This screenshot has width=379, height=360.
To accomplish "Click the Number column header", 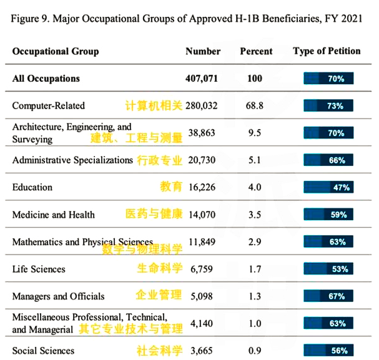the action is click(x=203, y=51).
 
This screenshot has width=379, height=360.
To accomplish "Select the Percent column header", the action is click(x=256, y=51).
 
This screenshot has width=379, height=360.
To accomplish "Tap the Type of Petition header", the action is click(x=327, y=51).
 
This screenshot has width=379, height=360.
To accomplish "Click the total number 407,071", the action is click(x=202, y=79).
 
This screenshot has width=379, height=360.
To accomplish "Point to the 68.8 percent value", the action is click(x=255, y=106).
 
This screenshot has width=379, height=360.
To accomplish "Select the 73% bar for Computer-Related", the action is click(x=328, y=105).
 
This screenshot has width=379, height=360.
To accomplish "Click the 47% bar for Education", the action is click(x=328, y=187).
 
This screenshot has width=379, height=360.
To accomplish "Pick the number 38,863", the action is click(x=202, y=133).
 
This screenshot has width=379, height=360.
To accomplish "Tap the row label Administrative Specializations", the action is click(x=72, y=160).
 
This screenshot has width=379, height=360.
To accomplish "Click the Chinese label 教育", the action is click(x=171, y=187).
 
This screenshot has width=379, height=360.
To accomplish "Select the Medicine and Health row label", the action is click(x=54, y=215).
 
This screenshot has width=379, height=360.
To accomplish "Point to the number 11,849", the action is click(x=202, y=241).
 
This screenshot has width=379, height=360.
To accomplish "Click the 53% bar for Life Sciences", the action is click(x=328, y=269).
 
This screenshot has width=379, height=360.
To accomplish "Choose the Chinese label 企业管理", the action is click(x=159, y=295).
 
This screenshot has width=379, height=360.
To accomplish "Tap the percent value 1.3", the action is click(x=255, y=296).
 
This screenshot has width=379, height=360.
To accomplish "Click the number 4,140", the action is click(x=202, y=324).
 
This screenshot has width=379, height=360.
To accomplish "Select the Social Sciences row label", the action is click(x=43, y=351).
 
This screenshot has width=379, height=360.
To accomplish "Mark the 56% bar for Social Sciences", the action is click(x=328, y=351).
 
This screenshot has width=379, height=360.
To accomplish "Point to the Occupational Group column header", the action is click(x=56, y=52).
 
